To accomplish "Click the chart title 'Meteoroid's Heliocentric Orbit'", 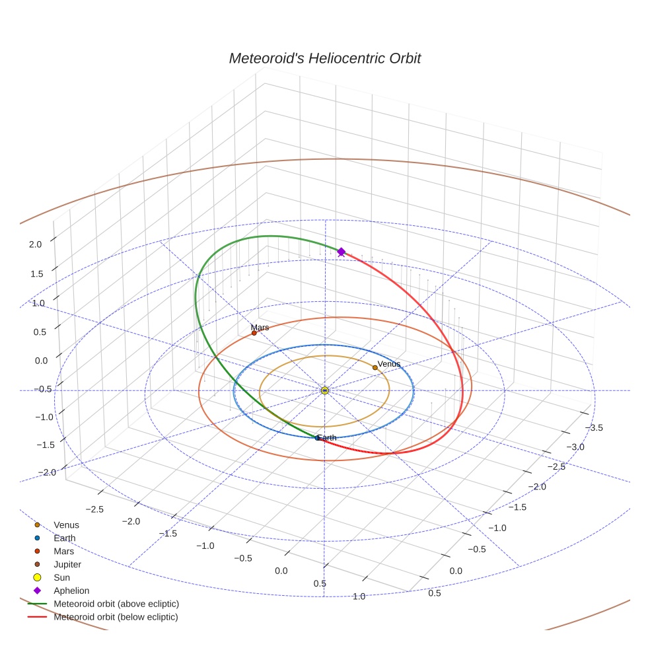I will [324, 59].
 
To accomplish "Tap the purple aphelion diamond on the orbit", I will [342, 252].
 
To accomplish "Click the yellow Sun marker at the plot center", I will [325, 390].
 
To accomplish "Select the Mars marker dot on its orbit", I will [254, 333].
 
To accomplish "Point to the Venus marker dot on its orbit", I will [375, 367].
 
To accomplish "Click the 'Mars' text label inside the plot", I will [260, 327].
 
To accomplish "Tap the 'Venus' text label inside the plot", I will [389, 364].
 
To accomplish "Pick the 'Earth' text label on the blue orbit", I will [327, 437].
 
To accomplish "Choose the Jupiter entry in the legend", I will [67, 565].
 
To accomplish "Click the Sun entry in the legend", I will [61, 577].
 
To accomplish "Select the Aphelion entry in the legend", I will [71, 591].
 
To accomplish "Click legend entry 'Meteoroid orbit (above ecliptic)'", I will [116, 604].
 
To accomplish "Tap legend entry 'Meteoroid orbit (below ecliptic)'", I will [116, 617].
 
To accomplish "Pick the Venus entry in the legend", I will [66, 525].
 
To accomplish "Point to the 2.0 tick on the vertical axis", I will [35, 244].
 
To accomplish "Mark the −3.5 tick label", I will [593, 428].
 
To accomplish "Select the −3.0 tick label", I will [574, 447].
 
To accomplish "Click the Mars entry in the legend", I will [64, 552].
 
